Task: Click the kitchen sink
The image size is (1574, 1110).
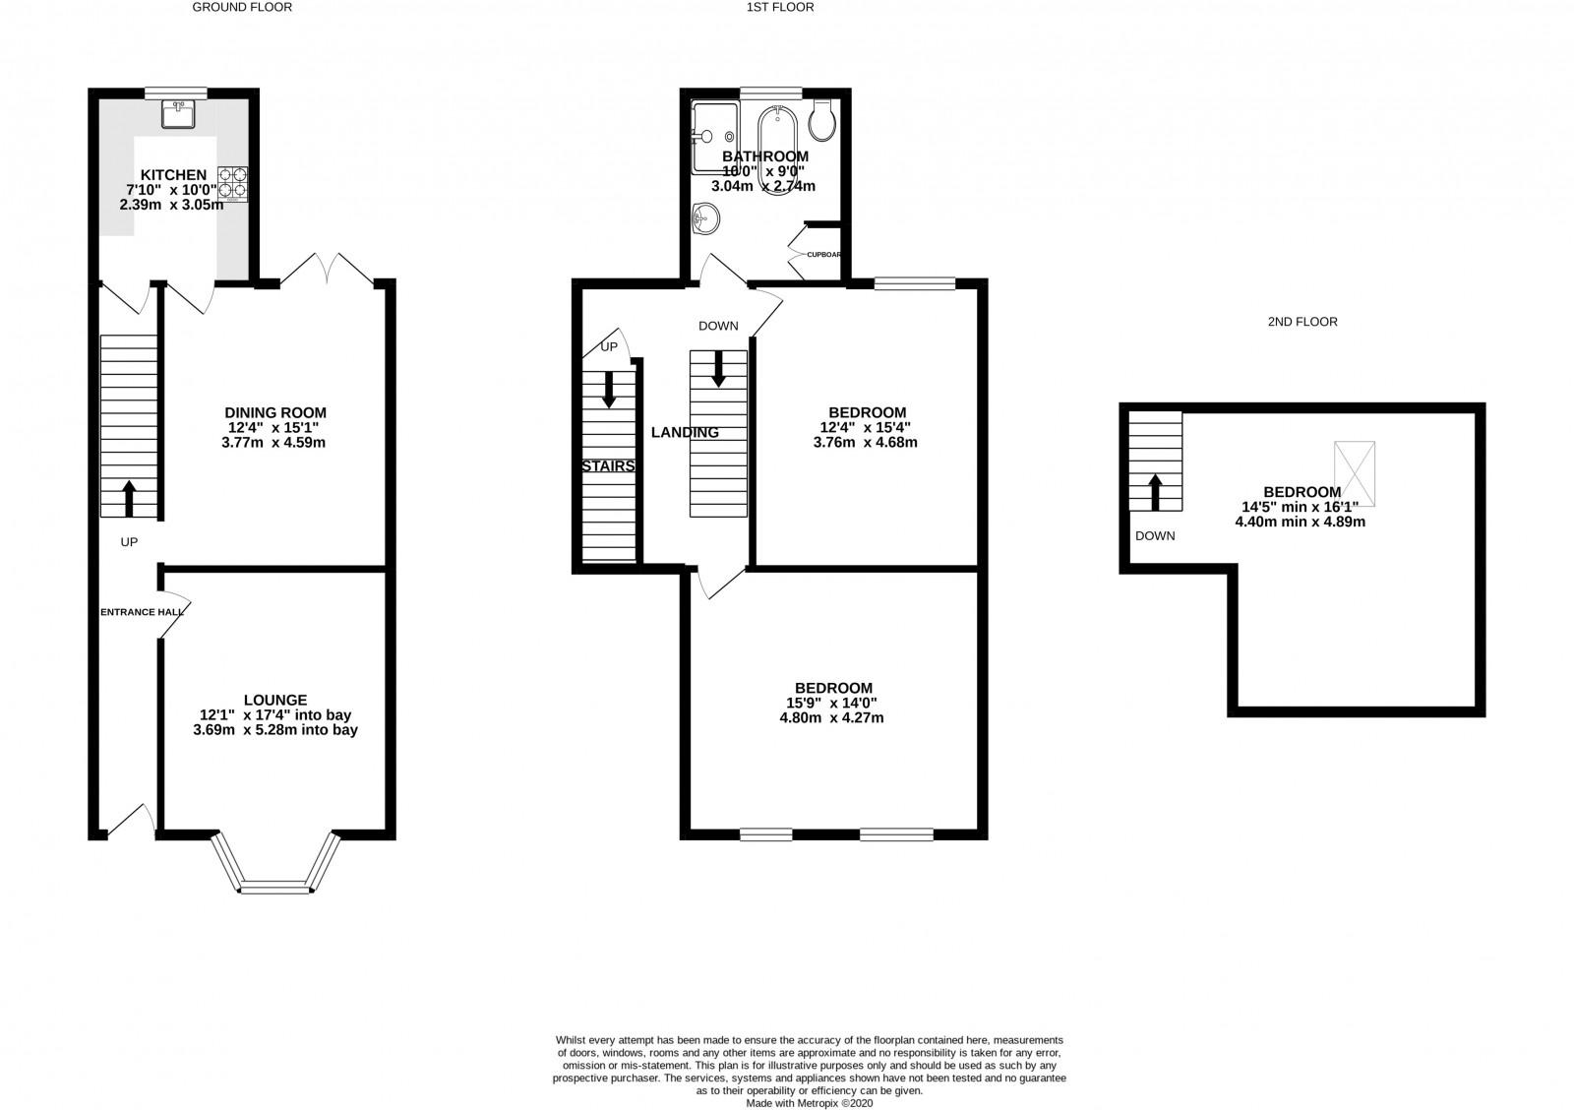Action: [x=178, y=114]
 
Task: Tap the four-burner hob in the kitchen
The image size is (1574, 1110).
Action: [x=232, y=183]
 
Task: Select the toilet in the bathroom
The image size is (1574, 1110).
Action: [x=822, y=120]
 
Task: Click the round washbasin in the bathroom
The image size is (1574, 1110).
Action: [x=705, y=217]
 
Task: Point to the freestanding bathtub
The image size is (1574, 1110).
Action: [x=776, y=151]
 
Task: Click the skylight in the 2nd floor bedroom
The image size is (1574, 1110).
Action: [x=1355, y=473]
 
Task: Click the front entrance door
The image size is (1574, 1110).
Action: [x=132, y=821]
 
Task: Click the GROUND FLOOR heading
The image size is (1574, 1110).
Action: [x=242, y=8]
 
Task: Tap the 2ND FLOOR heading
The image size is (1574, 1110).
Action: [x=1302, y=322]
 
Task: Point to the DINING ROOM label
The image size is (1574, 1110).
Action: [x=275, y=412]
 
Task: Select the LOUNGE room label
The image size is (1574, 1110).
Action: [x=275, y=701]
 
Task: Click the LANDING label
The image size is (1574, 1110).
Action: [x=685, y=433]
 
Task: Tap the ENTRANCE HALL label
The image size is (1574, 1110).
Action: [x=142, y=612]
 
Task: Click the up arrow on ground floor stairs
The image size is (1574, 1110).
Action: [x=129, y=498]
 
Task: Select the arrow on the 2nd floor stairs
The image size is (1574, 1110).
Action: [x=1155, y=492]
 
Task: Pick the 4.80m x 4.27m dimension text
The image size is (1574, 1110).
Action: [x=831, y=718]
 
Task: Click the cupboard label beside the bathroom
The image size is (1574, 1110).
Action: [x=823, y=255]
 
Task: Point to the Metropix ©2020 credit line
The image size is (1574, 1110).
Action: [x=810, y=1104]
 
